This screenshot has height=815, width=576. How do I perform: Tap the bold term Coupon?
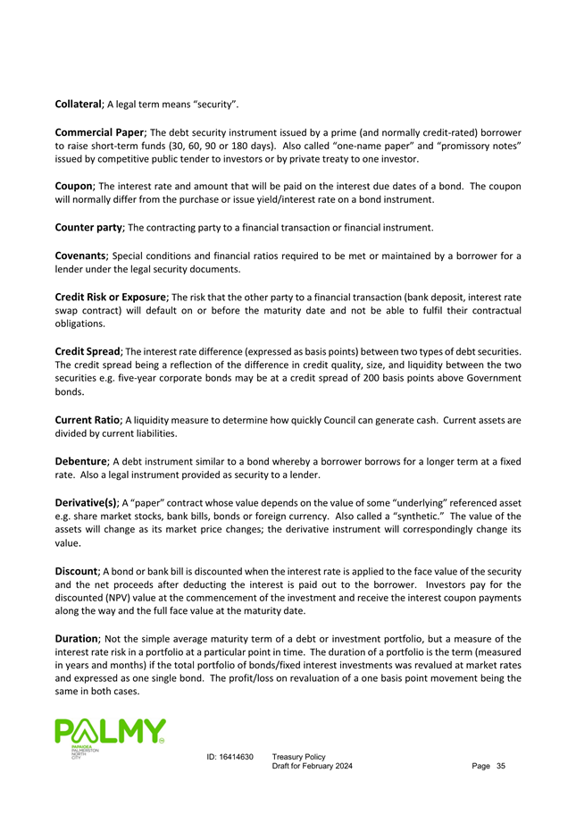click(x=80, y=183)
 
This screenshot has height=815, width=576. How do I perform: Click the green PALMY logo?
click(x=110, y=735)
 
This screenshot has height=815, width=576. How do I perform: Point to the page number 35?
click(x=500, y=769)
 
